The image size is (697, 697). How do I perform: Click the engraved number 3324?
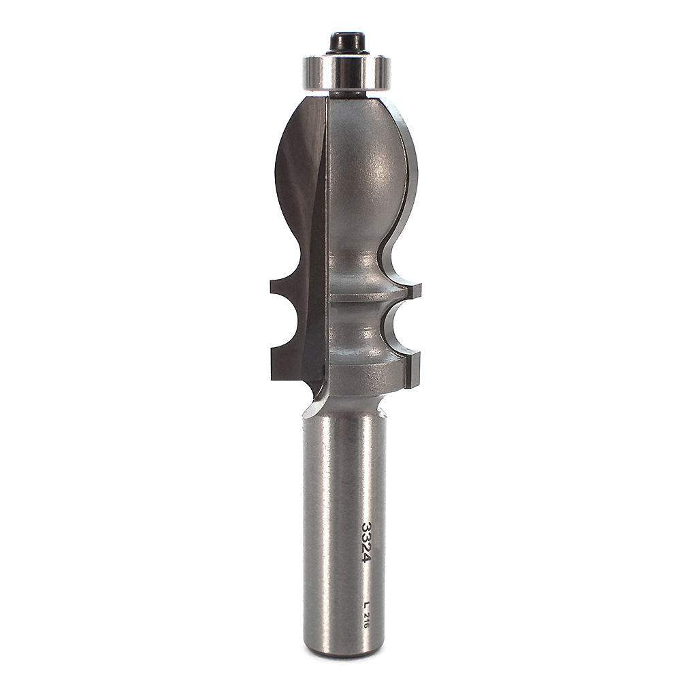(x=368, y=542)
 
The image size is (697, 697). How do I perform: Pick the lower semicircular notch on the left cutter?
(x=289, y=329)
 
